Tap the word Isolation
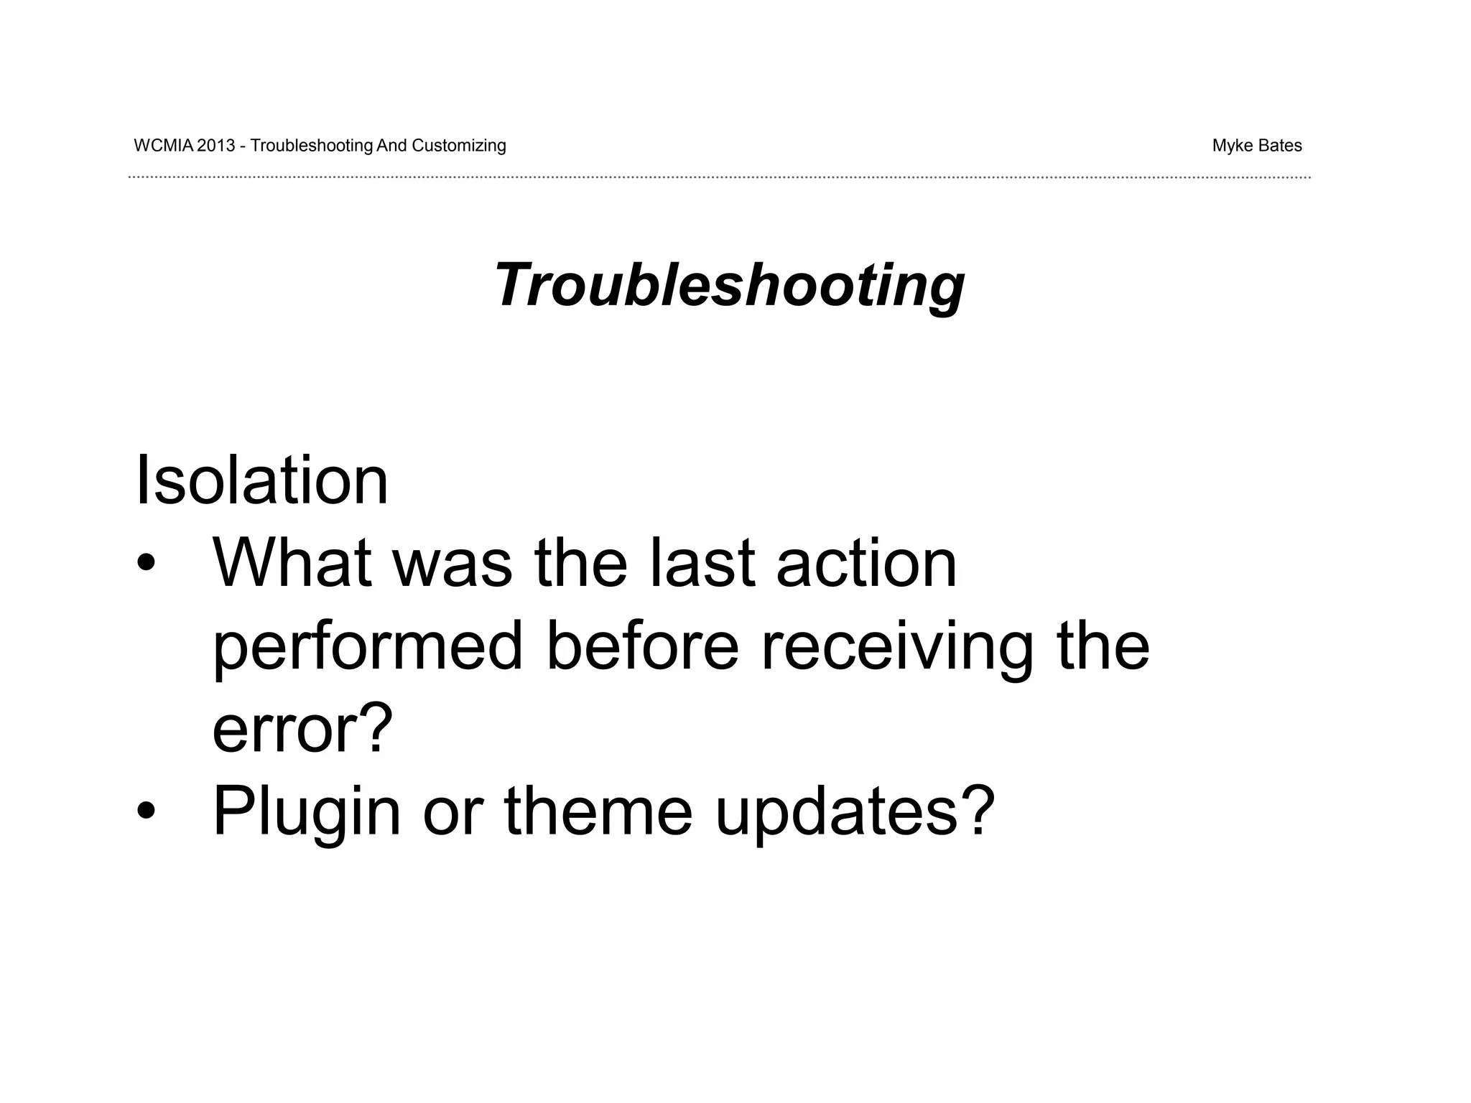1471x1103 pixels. point(261,480)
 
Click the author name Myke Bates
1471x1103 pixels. point(1256,146)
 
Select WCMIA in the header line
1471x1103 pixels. point(163,146)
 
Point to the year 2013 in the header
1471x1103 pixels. point(215,146)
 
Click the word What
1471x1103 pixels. point(292,563)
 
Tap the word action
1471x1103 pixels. point(866,563)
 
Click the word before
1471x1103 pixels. point(642,646)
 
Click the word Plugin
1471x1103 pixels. point(307,813)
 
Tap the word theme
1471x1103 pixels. point(598,811)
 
